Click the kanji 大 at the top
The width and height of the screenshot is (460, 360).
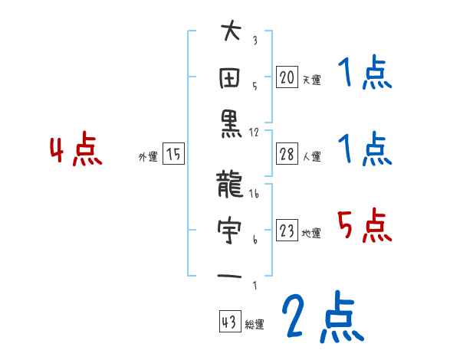tap(231, 34)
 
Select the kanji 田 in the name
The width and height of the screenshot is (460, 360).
tap(231, 79)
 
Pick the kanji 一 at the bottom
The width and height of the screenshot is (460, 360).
tap(231, 275)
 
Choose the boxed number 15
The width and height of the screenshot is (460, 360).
tap(174, 155)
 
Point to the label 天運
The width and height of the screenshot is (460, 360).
tap(311, 80)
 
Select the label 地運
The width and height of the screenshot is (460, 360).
tap(311, 234)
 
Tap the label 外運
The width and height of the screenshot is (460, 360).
tap(147, 157)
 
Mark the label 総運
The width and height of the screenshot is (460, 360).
tap(255, 324)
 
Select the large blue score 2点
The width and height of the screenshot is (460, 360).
tap(321, 318)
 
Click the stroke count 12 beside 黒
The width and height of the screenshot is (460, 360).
tap(254, 131)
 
